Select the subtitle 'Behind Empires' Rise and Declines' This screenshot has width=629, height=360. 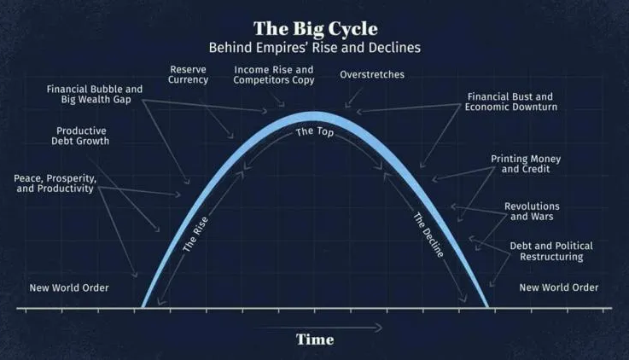(314, 48)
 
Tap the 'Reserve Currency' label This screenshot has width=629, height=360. (189, 74)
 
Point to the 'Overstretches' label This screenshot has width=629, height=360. (372, 75)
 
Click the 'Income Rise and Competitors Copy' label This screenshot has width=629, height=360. (274, 74)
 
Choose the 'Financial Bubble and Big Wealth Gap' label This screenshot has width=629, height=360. (95, 94)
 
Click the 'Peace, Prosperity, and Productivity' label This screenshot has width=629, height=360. (54, 183)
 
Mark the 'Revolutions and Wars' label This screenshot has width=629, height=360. (532, 212)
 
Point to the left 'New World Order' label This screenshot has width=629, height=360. (69, 287)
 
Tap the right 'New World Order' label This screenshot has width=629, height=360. (559, 287)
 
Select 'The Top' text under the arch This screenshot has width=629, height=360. (315, 135)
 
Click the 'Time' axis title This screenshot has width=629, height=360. (314, 340)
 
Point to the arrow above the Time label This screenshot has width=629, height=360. (317, 326)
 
